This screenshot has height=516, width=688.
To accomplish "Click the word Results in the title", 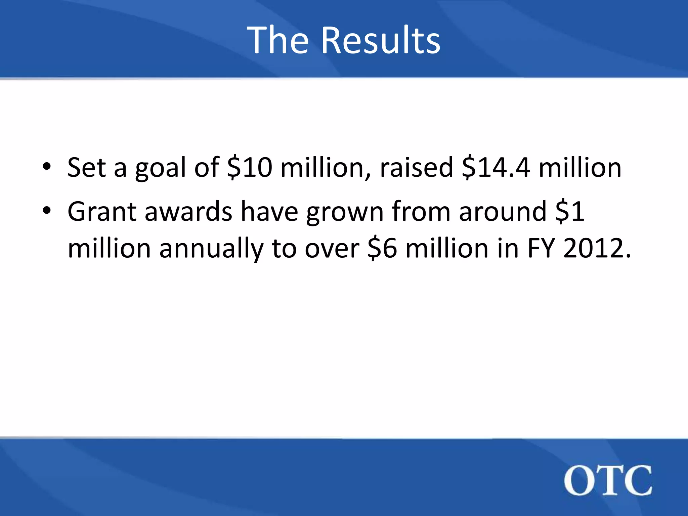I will pyautogui.click(x=381, y=40).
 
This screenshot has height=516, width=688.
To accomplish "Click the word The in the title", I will pyautogui.click(x=277, y=40).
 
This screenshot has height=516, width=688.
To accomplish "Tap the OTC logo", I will pyautogui.click(x=608, y=480).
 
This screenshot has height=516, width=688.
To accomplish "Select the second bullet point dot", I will pyautogui.click(x=47, y=211).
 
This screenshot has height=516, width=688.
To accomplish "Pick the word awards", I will pyautogui.click(x=188, y=211).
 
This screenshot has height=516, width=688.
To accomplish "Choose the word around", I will pyautogui.click(x=503, y=211).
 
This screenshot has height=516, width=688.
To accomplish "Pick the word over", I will pyautogui.click(x=332, y=249).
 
